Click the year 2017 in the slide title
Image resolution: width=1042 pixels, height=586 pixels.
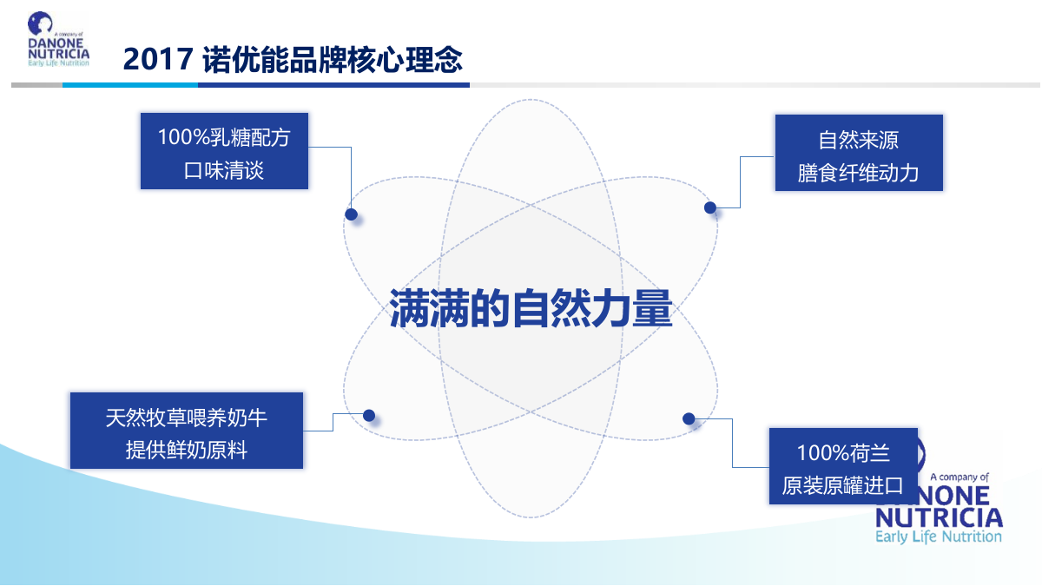tap(157, 59)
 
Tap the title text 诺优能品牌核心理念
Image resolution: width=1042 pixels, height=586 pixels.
tap(333, 59)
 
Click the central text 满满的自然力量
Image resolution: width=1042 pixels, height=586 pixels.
tap(531, 308)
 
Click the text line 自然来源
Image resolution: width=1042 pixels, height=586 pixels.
tap(858, 140)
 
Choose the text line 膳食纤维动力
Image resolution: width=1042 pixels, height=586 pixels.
tap(858, 173)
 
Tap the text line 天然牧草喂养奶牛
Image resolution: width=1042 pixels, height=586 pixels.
tap(187, 418)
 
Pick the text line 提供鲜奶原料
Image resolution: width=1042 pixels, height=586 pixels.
tap(187, 451)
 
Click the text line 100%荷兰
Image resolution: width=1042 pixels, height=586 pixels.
tap(843, 452)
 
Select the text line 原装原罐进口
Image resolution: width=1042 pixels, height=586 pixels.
tap(843, 485)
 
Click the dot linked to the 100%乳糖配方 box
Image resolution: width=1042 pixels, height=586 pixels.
tap(351, 214)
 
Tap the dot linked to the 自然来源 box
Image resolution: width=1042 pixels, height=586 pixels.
tap(710, 207)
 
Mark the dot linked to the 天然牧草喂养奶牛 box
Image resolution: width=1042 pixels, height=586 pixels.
tap(369, 415)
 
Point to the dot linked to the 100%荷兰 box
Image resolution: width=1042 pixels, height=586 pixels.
tap(689, 418)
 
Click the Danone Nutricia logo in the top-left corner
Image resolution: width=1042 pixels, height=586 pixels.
tap(58, 40)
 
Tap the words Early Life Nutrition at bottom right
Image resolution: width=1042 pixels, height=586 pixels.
tap(938, 537)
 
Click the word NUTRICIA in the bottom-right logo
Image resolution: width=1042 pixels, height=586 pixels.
tap(938, 517)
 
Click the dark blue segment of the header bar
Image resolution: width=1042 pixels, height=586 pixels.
tap(333, 85)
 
